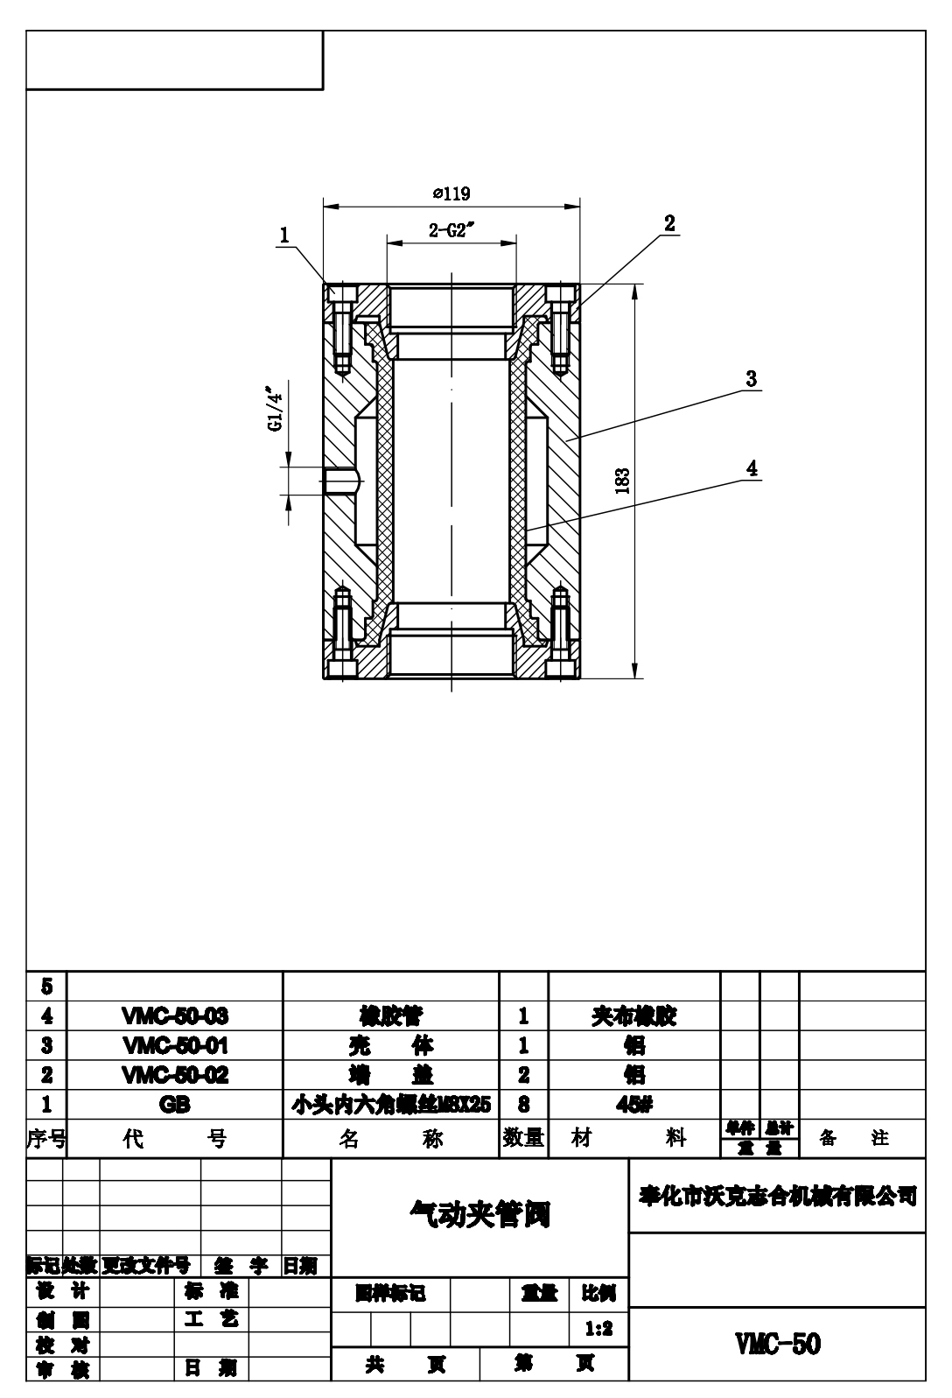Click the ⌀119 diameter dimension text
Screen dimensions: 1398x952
click(x=451, y=194)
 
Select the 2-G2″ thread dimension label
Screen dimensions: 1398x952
click(x=451, y=231)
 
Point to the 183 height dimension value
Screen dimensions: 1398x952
click(x=622, y=481)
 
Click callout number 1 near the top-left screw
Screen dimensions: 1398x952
click(x=284, y=235)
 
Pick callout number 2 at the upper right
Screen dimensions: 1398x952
click(x=669, y=223)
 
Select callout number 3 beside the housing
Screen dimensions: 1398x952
click(x=751, y=379)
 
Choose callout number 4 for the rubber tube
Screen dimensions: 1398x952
click(x=751, y=467)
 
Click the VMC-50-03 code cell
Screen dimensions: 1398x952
click(x=175, y=1016)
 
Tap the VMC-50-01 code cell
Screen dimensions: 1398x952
click(x=175, y=1045)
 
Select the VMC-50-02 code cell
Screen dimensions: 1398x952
click(x=175, y=1075)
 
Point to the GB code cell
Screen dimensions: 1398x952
click(x=175, y=1105)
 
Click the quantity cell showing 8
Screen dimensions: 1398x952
click(x=523, y=1105)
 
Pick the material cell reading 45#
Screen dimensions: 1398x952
click(x=633, y=1105)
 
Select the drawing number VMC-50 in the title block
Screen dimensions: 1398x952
click(x=777, y=1344)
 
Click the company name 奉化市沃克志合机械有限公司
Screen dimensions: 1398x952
click(x=777, y=1196)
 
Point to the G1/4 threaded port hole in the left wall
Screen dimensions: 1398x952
click(x=341, y=479)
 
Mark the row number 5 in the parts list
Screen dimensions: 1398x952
click(x=46, y=987)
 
